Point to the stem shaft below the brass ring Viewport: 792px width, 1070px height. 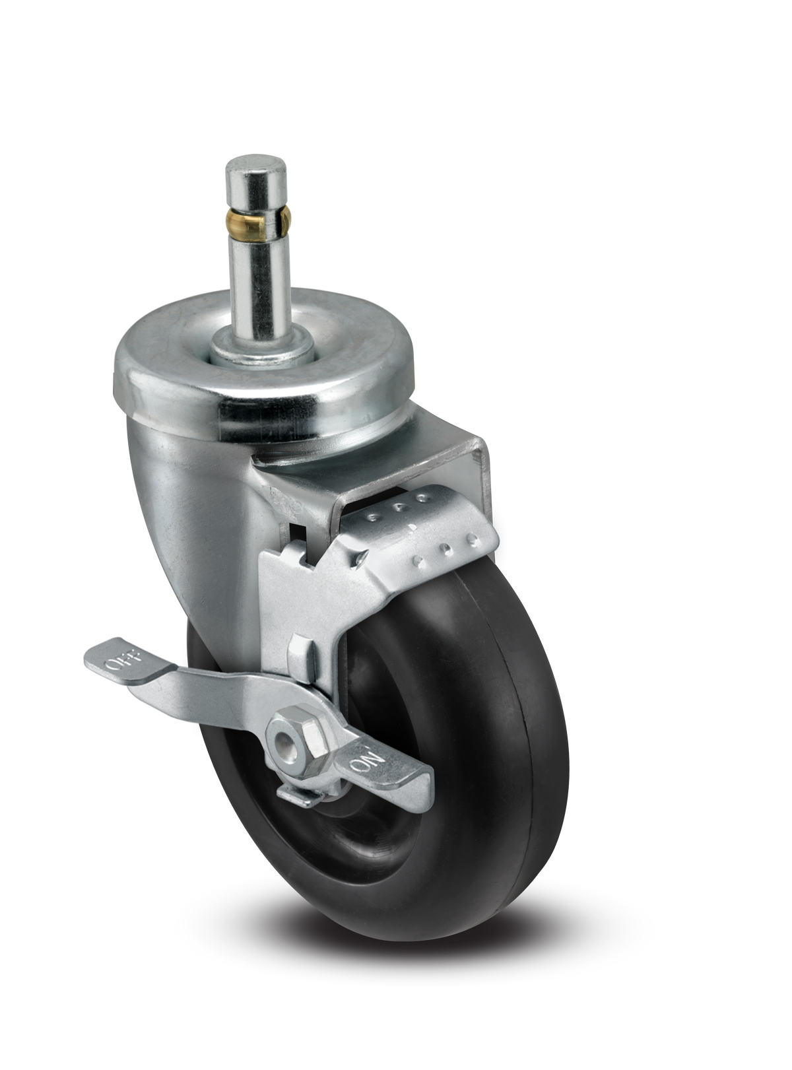click(x=258, y=277)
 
